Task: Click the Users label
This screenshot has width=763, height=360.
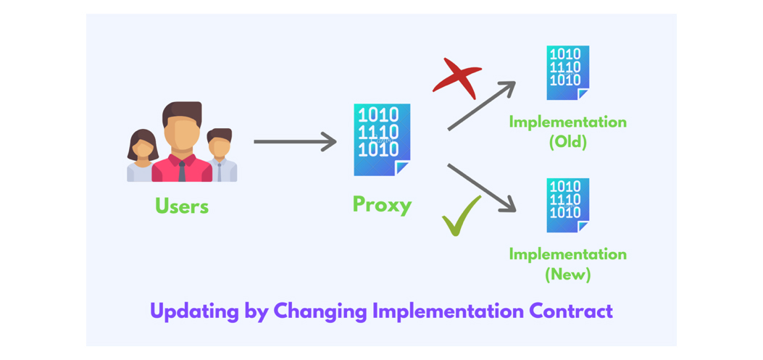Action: [182, 206]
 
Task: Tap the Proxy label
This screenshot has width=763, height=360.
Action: [382, 205]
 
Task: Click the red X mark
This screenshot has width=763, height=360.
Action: [457, 78]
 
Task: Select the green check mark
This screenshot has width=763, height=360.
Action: [461, 216]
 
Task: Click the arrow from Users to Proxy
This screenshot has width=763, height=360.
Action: [295, 141]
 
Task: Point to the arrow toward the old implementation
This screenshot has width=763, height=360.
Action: [481, 106]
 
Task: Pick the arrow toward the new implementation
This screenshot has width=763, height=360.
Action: [481, 188]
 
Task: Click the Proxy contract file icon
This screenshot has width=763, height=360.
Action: [382, 140]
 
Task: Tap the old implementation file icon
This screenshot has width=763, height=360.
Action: [567, 72]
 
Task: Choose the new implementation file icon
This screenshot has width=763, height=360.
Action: [567, 205]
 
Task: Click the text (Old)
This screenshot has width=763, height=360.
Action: [568, 143]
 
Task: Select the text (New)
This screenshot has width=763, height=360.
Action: [568, 275]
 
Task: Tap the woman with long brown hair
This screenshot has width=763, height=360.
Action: [142, 155]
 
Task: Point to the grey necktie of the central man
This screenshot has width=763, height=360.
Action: [182, 171]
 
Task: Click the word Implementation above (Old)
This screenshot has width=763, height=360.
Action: [568, 122]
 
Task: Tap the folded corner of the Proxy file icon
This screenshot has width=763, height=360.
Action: [402, 168]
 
